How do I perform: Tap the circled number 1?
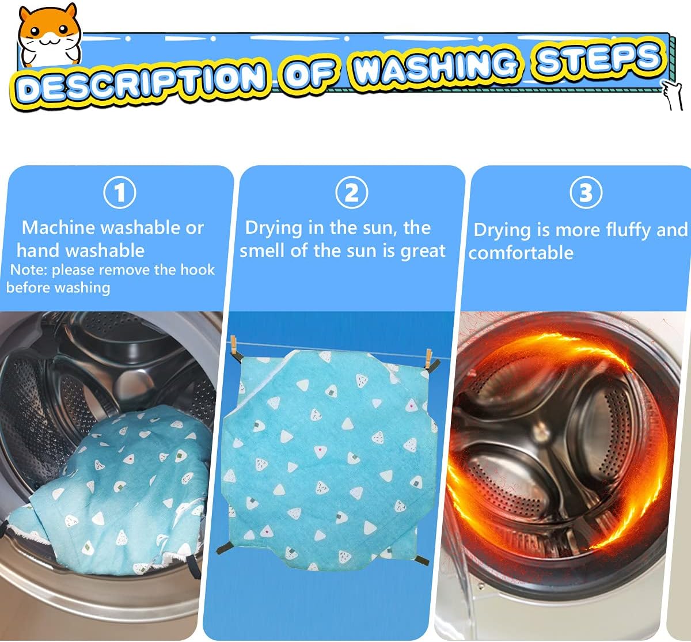(x=120, y=192)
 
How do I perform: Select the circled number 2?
(x=351, y=192)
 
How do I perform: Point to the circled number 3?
(x=586, y=192)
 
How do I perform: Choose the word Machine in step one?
(x=58, y=228)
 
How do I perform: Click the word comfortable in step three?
(x=521, y=253)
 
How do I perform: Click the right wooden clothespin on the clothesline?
(x=428, y=358)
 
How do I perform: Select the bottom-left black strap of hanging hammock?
(x=224, y=548)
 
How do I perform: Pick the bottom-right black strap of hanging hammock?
(x=422, y=560)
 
